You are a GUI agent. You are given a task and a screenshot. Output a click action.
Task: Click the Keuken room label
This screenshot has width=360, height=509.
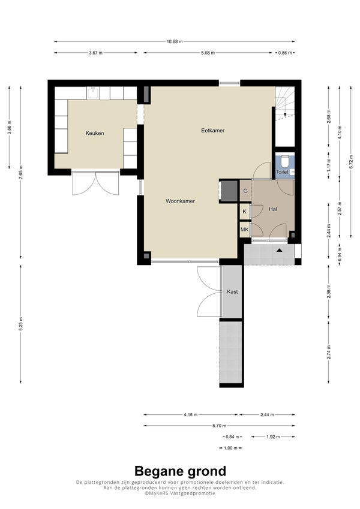(95, 133)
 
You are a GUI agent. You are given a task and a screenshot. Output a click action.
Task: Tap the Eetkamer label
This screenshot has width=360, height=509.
(213, 131)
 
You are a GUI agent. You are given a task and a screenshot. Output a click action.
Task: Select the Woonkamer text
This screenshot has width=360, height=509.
(181, 201)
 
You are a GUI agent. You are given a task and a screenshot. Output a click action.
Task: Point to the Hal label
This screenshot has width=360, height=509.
(273, 209)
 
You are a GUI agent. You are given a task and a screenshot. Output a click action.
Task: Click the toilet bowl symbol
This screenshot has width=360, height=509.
(284, 161)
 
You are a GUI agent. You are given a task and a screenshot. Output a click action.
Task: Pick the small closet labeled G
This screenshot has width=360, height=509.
(245, 191)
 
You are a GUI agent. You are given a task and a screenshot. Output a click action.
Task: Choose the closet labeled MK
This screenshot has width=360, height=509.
(244, 230)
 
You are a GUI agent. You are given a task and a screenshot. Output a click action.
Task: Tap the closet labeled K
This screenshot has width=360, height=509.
(244, 212)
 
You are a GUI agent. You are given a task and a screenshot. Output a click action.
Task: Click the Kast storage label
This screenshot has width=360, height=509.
(232, 291)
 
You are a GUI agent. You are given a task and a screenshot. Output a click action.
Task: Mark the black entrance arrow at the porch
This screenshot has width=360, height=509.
(279, 250)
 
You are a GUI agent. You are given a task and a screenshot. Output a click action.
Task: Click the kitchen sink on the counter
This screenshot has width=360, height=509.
(93, 93)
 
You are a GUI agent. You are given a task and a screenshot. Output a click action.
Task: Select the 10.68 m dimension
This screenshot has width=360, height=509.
(175, 41)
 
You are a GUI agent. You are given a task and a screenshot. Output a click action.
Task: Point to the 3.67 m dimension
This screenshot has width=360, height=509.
(95, 53)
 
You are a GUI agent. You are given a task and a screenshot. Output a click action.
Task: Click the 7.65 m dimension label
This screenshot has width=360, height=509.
(20, 172)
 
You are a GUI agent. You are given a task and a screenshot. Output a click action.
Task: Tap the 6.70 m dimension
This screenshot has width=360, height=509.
(220, 426)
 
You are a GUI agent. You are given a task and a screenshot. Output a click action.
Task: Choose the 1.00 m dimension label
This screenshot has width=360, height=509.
(230, 448)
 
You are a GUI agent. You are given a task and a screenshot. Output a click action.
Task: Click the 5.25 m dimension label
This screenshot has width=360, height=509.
(20, 324)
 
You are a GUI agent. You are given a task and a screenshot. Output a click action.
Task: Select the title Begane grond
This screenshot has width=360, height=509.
(181, 471)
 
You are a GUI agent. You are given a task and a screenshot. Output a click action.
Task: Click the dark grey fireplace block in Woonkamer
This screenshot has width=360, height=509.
(229, 191)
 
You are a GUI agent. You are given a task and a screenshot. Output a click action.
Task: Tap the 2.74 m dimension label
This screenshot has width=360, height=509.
(329, 352)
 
